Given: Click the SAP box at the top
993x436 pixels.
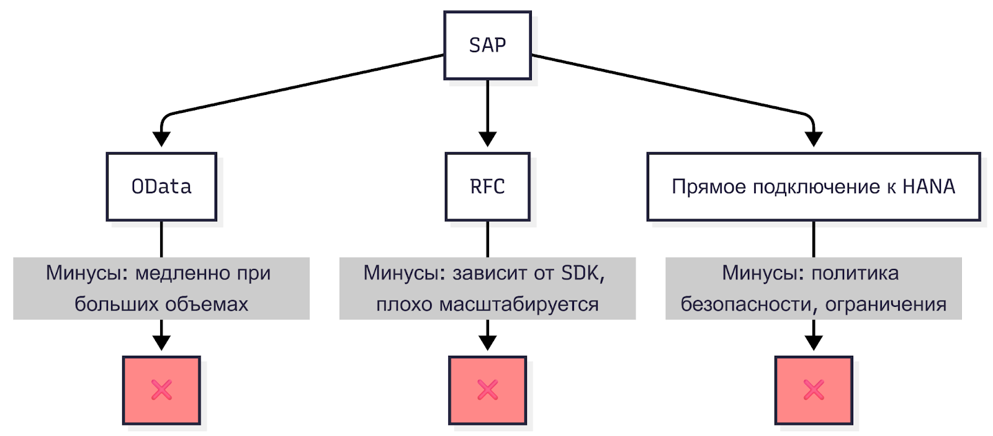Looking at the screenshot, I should [487, 45].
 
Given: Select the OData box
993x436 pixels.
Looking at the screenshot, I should [161, 186].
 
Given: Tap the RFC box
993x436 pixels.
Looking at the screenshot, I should [487, 186].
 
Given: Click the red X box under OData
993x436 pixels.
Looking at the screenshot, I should [161, 390].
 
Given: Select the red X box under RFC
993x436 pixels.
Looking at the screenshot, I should [487, 390].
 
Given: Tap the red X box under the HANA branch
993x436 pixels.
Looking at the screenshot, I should [814, 390].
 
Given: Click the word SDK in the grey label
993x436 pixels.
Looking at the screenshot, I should [581, 273].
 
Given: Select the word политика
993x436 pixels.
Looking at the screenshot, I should [855, 273].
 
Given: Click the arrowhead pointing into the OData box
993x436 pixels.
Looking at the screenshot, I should [161, 139].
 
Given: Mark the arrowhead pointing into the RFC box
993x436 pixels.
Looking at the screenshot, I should [487, 139].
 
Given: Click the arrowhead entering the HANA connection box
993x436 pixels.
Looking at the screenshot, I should [814, 139].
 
